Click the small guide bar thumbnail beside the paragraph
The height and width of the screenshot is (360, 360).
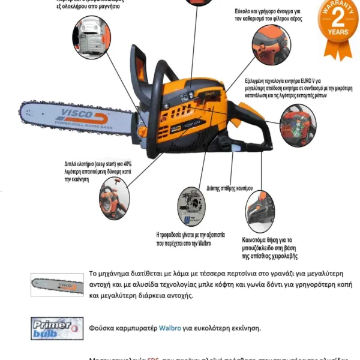(x=57, y=283)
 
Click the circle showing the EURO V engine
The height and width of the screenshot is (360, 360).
(x=298, y=123)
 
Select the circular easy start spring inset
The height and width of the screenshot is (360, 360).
(x=113, y=202)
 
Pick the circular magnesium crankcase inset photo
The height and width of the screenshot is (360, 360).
(x=91, y=35)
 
